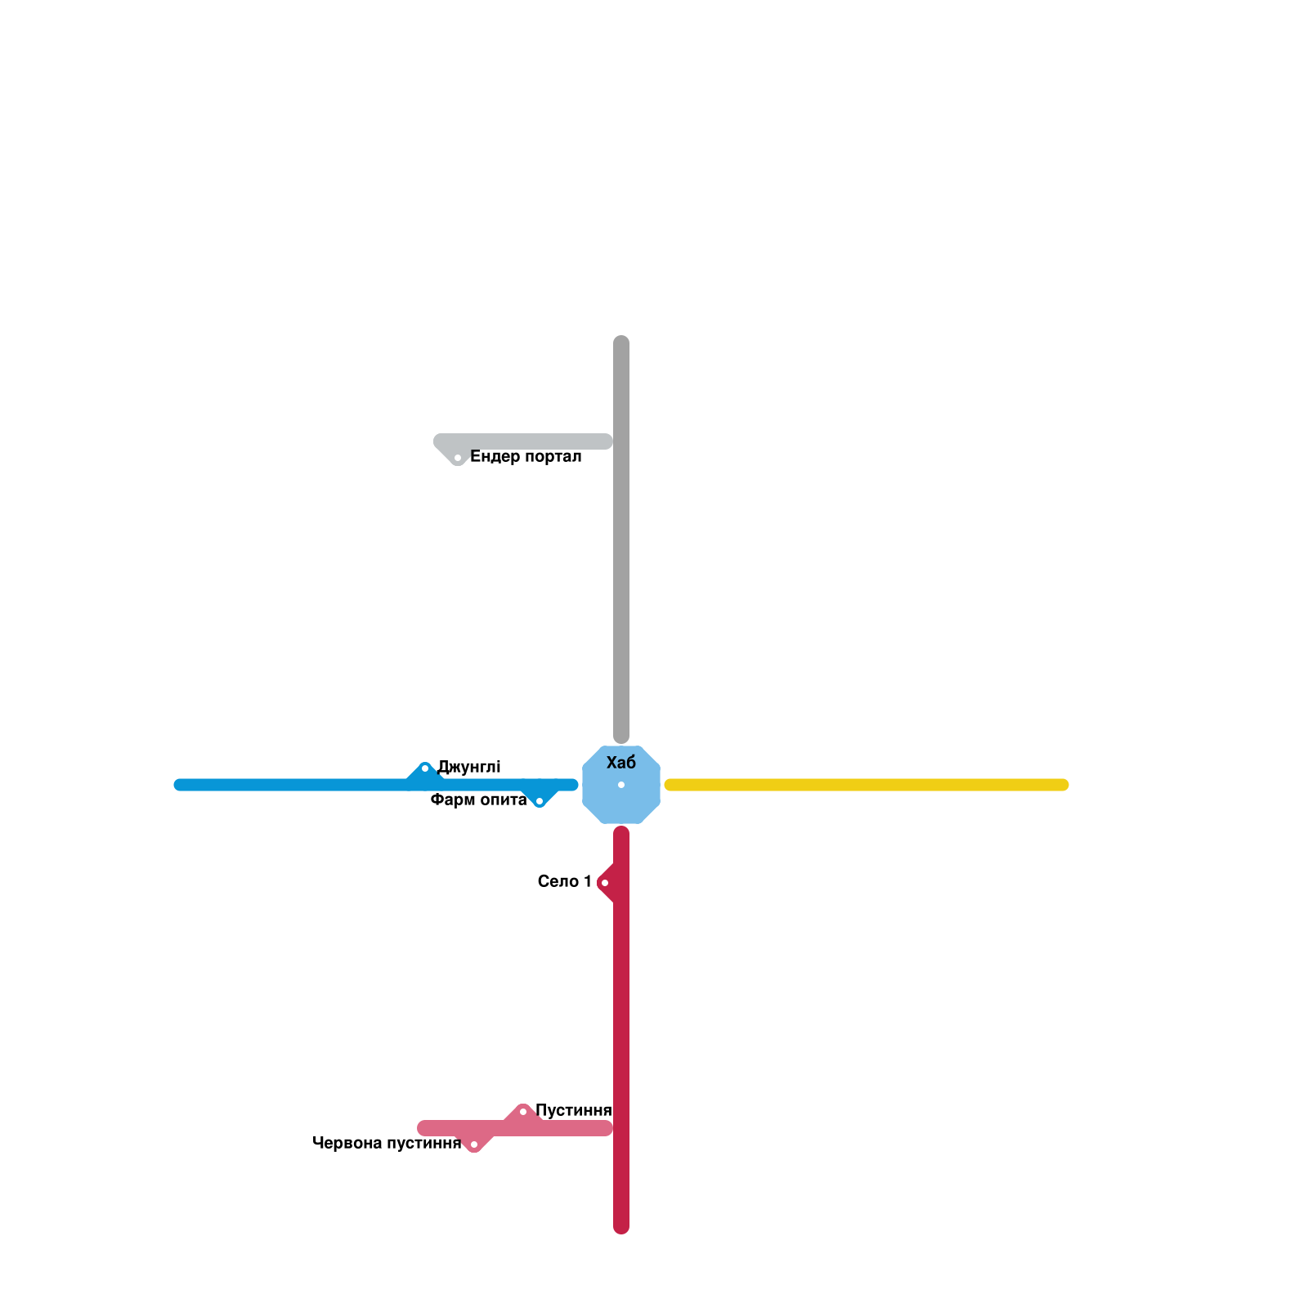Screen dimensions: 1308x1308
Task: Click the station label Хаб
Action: [621, 763]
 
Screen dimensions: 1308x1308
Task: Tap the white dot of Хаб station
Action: [621, 785]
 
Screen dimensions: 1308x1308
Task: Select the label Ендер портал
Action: [526, 457]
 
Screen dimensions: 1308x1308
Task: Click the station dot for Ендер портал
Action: [458, 458]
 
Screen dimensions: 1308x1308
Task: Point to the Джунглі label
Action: [468, 767]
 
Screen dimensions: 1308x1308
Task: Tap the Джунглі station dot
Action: [425, 768]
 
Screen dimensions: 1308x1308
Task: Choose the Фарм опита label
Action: [478, 800]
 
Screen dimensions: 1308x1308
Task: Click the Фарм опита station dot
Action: [540, 801]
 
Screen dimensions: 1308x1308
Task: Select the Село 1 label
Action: [564, 881]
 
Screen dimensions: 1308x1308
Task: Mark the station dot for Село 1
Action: [605, 883]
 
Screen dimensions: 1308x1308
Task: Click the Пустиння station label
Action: [573, 1110]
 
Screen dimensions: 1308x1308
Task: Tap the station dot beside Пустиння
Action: [523, 1112]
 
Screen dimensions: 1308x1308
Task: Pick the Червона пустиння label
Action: [387, 1143]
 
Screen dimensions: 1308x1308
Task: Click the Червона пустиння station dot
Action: [474, 1144]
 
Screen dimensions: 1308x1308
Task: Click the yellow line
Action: [867, 785]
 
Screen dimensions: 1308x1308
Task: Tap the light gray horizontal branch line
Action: [531, 441]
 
